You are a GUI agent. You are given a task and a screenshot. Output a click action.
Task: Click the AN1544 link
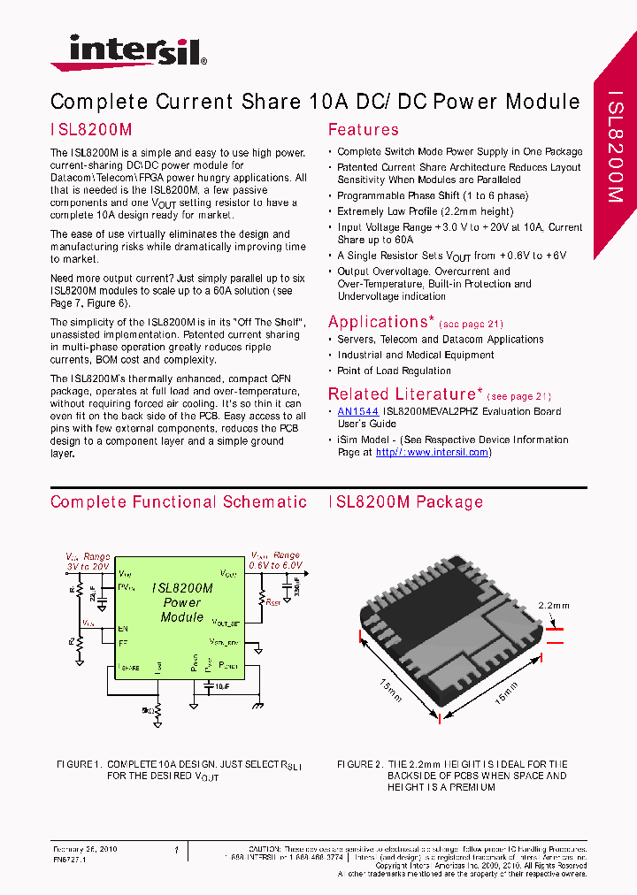tap(357, 411)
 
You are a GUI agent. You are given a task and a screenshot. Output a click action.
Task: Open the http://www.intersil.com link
tap(433, 452)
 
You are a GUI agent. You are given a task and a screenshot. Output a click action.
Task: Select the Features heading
tap(363, 130)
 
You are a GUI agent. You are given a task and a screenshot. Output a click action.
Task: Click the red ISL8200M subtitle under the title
tap(91, 129)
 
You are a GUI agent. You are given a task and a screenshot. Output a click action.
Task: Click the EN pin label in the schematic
tap(123, 629)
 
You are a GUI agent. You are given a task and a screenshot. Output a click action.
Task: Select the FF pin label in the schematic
tap(123, 643)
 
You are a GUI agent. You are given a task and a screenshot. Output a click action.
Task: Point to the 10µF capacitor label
tap(219, 686)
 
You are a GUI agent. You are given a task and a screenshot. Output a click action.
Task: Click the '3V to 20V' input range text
tap(88, 566)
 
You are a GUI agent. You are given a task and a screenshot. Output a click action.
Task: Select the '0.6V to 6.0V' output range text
tap(275, 565)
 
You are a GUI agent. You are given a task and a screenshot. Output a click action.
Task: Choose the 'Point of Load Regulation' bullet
tap(394, 371)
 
